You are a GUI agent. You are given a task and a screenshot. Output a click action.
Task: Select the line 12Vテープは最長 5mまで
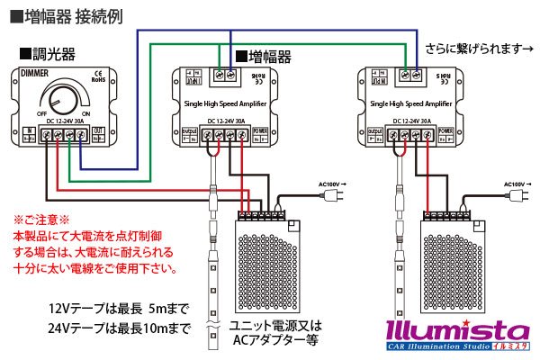point(120,308)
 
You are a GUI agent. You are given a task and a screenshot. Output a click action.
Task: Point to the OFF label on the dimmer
point(40,113)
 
